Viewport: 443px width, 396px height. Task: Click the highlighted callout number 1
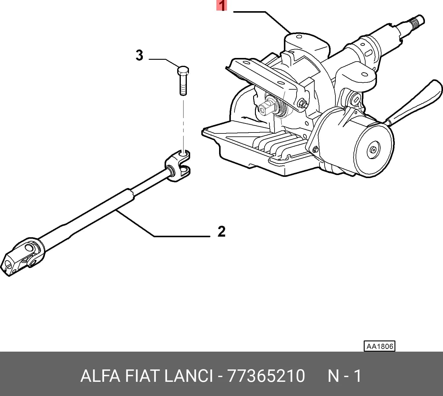222,5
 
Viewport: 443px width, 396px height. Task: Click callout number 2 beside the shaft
221,231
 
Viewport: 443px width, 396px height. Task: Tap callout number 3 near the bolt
140,55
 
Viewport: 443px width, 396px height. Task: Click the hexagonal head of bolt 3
183,71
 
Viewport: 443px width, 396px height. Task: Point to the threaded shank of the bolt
183,85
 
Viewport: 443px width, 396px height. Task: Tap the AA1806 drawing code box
379,346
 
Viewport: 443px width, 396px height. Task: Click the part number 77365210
266,376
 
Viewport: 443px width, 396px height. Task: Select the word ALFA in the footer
100,376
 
